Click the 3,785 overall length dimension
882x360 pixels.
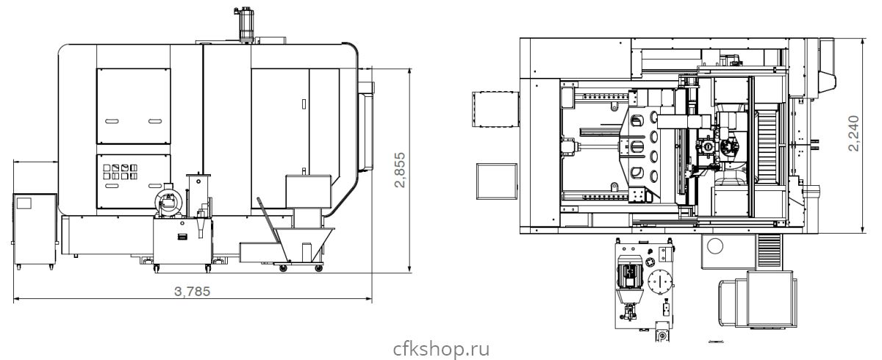[x=192, y=292]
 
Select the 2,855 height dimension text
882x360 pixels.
[x=400, y=170]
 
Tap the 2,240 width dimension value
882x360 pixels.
[x=853, y=133]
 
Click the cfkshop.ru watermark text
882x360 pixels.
[x=441, y=349]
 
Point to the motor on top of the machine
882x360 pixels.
[x=246, y=23]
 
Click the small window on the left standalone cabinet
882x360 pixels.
[x=24, y=203]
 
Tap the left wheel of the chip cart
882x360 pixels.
[x=283, y=268]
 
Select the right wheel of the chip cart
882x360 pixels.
[x=318, y=268]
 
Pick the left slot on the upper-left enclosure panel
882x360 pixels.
[x=112, y=121]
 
